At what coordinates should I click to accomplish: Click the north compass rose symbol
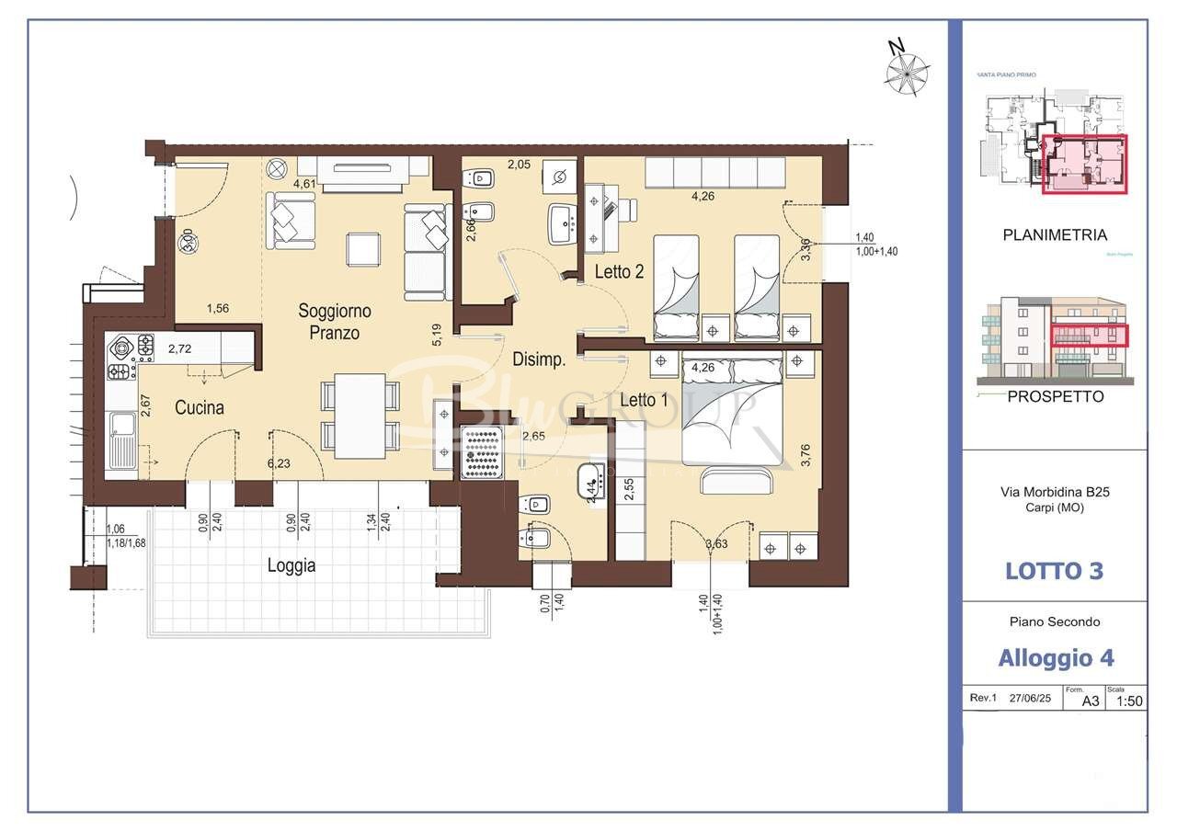(907, 71)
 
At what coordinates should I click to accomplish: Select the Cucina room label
(200, 407)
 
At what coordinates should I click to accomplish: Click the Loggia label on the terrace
(291, 565)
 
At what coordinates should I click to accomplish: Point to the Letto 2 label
(619, 272)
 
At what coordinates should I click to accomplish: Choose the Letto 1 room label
(644, 400)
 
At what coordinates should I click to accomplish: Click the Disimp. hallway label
(539, 359)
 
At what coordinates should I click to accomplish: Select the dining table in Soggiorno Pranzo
(360, 416)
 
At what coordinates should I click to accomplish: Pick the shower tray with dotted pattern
(480, 452)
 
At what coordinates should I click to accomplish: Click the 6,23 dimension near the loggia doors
(280, 463)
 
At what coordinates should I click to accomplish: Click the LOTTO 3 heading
(1054, 571)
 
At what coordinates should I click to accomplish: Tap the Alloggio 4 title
(1056, 658)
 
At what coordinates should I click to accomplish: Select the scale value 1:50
(1128, 701)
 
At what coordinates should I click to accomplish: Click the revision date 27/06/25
(1031, 699)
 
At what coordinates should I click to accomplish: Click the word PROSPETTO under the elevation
(1055, 397)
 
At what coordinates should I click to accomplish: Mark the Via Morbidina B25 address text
(1055, 492)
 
